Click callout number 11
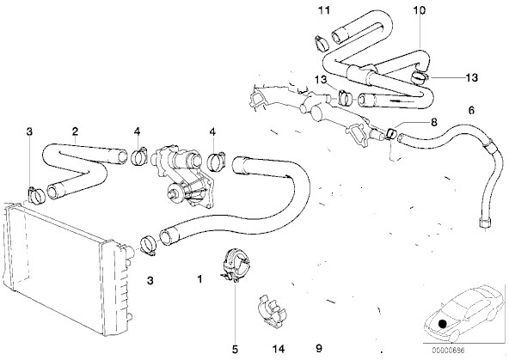tap(323, 10)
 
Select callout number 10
tap(419, 10)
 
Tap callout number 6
tap(471, 110)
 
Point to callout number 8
tap(433, 122)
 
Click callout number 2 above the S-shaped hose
tap(75, 131)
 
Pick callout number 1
tap(200, 279)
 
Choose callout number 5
tap(235, 349)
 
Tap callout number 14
tap(279, 349)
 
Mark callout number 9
tap(319, 348)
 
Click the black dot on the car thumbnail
tap(442, 324)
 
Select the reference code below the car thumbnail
tap(448, 351)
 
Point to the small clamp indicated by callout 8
tap(391, 134)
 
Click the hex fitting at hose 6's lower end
tap(484, 223)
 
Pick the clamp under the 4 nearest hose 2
tap(139, 156)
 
